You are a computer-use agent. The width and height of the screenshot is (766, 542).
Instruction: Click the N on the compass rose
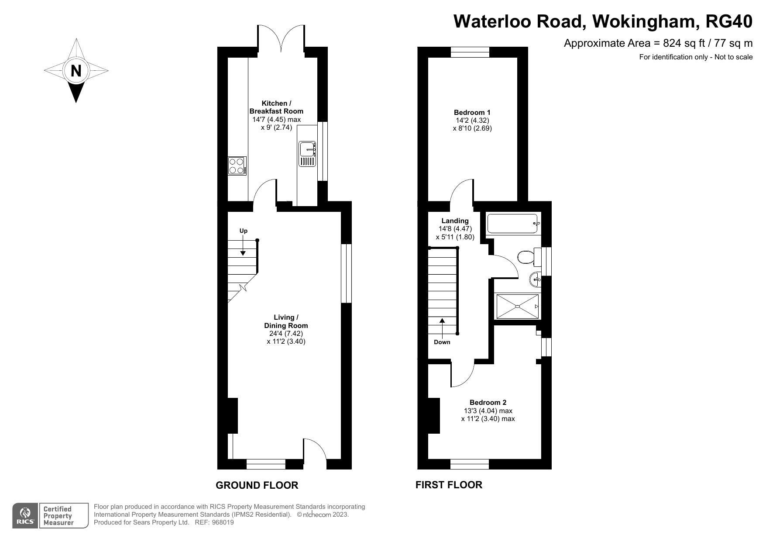coord(76,70)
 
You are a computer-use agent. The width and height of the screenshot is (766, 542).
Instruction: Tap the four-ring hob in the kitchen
coord(237,166)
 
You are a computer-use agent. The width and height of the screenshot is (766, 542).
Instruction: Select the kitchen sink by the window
coord(307,154)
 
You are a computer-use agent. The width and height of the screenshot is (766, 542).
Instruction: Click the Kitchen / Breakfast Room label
coord(276,107)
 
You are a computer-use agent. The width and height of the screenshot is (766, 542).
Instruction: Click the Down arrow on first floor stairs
coord(442,326)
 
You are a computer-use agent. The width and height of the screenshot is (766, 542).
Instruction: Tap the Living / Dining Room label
coord(286,321)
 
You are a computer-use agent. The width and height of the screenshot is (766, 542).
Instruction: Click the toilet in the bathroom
coord(526,257)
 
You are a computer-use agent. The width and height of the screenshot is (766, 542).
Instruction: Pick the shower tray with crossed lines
coord(518,307)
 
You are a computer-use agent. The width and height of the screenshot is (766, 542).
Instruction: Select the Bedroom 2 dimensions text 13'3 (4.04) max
coord(488,411)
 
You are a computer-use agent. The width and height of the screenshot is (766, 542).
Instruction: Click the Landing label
coord(455,221)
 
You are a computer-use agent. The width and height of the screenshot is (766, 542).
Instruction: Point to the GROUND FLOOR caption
coord(257,485)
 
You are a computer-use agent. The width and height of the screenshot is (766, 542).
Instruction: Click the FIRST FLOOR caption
coord(449,485)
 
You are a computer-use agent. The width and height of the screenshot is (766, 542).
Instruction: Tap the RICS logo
coord(25,516)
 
